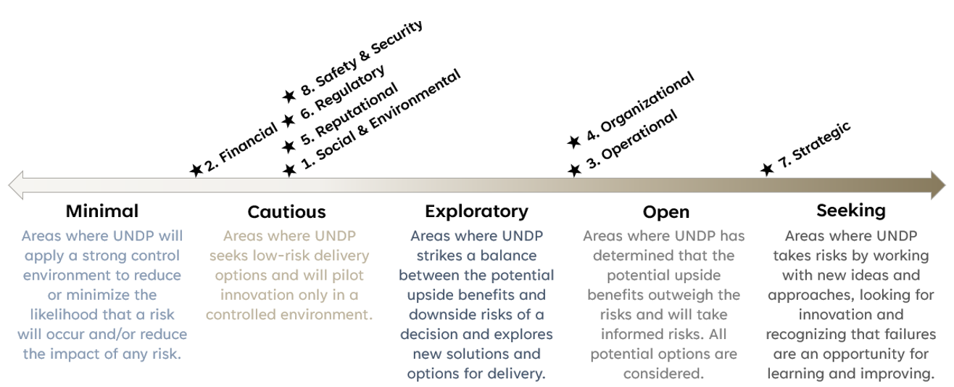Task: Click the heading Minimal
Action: click(x=102, y=211)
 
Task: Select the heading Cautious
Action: click(x=286, y=211)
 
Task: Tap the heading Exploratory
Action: click(x=476, y=211)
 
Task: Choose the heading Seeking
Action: click(x=851, y=211)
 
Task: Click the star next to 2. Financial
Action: click(x=196, y=170)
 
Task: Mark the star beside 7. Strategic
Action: click(x=767, y=169)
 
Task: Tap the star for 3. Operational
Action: click(x=574, y=170)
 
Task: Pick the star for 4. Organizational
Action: click(x=573, y=142)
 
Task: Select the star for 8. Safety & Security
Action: click(x=289, y=96)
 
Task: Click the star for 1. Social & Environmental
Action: click(x=289, y=170)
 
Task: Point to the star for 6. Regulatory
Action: click(x=289, y=121)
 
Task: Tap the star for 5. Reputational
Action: click(x=289, y=147)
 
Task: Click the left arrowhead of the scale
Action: click(x=16, y=185)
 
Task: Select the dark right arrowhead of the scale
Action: click(x=938, y=185)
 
